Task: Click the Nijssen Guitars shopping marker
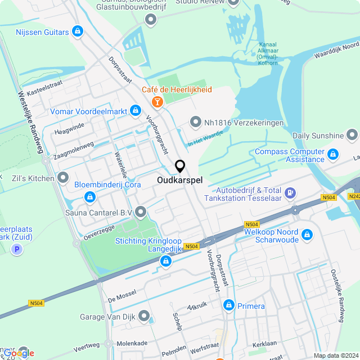(78, 31)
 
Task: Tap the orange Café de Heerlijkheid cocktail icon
(157, 101)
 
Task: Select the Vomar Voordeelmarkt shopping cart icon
(135, 111)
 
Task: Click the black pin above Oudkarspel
(180, 166)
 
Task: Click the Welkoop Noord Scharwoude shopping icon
(307, 234)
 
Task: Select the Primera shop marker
(229, 305)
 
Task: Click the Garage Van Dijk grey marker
(145, 316)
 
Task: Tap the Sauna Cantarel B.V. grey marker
(140, 212)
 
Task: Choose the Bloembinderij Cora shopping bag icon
(89, 197)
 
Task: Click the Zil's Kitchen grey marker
(62, 178)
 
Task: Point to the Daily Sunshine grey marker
(352, 135)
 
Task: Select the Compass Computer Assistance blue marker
(333, 154)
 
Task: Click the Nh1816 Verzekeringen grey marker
(195, 121)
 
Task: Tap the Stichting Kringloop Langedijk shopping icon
(165, 261)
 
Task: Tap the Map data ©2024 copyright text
(335, 355)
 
